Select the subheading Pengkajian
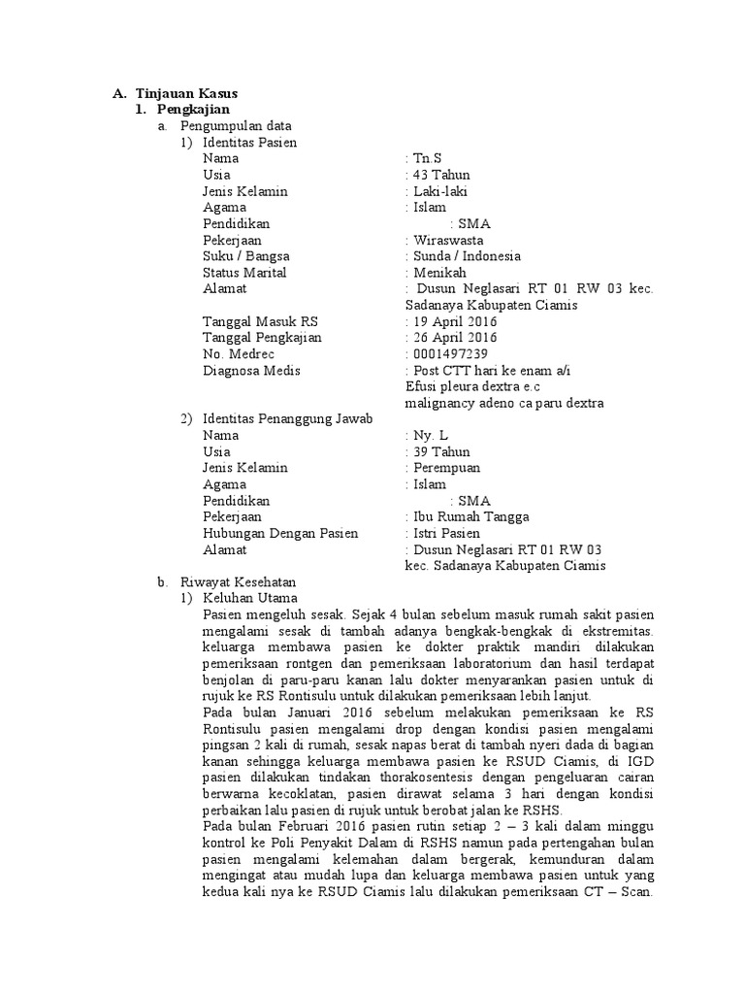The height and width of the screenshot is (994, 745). [193, 110]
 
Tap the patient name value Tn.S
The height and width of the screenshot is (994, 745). [428, 158]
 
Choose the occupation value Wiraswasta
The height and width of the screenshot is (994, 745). [448, 240]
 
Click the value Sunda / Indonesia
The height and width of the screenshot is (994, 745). [466, 256]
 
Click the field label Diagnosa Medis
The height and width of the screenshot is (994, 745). [251, 371]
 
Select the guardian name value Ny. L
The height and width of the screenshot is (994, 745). [431, 436]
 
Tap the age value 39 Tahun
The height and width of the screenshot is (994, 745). [440, 452]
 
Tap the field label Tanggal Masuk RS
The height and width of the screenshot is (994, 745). [260, 321]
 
